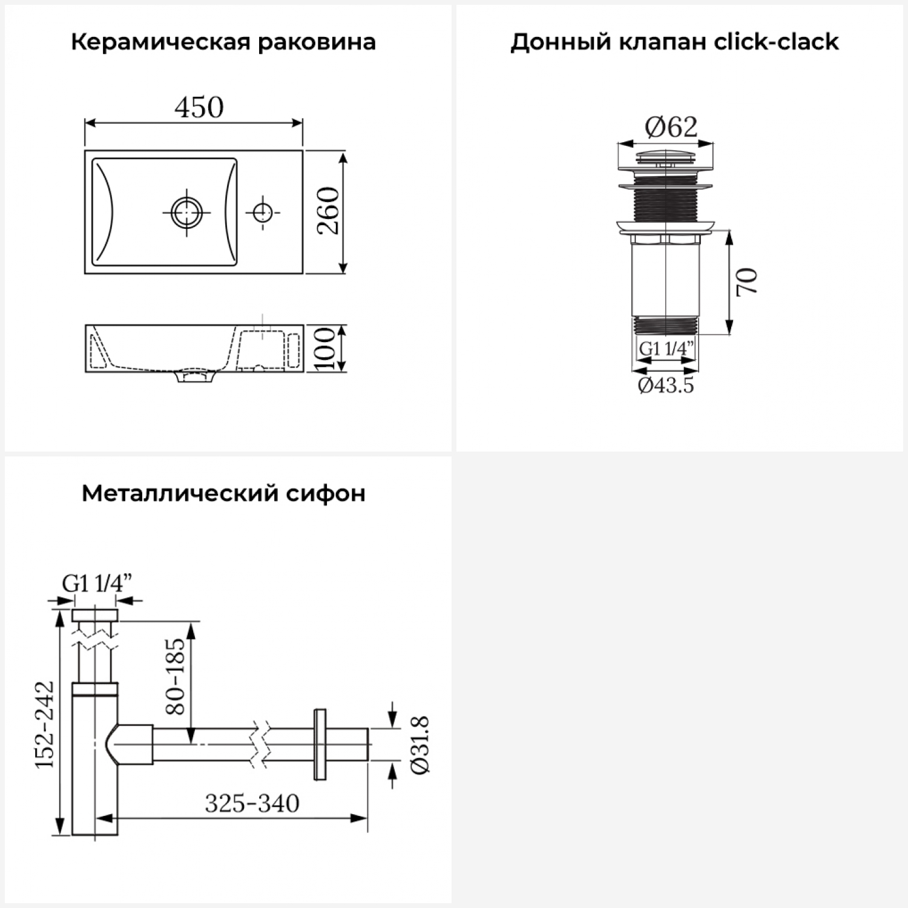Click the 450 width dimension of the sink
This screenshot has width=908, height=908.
pyautogui.click(x=199, y=107)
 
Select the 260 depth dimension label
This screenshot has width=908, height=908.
pyautogui.click(x=329, y=211)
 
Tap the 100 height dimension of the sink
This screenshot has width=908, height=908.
pyautogui.click(x=326, y=349)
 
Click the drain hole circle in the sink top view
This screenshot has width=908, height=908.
pyautogui.click(x=186, y=212)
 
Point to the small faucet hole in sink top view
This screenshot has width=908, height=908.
pyautogui.click(x=262, y=212)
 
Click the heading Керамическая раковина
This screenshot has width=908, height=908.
pyautogui.click(x=223, y=42)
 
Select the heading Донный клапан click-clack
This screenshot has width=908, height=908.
pyautogui.click(x=674, y=42)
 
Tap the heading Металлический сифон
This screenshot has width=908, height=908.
pyautogui.click(x=223, y=494)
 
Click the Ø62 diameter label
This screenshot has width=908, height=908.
pyautogui.click(x=671, y=127)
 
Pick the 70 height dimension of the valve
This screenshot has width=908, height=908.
pyautogui.click(x=747, y=281)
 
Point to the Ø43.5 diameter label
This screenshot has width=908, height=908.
pyautogui.click(x=666, y=385)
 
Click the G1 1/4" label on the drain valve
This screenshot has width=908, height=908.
pyautogui.click(x=666, y=349)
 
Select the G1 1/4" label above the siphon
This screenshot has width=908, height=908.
pyautogui.click(x=97, y=584)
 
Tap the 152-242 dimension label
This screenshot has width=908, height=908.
pyautogui.click(x=45, y=725)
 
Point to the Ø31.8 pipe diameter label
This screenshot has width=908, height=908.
pyautogui.click(x=419, y=744)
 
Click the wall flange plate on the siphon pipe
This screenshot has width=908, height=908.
pyautogui.click(x=320, y=744)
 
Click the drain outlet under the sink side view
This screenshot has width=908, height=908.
pyautogui.click(x=195, y=377)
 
